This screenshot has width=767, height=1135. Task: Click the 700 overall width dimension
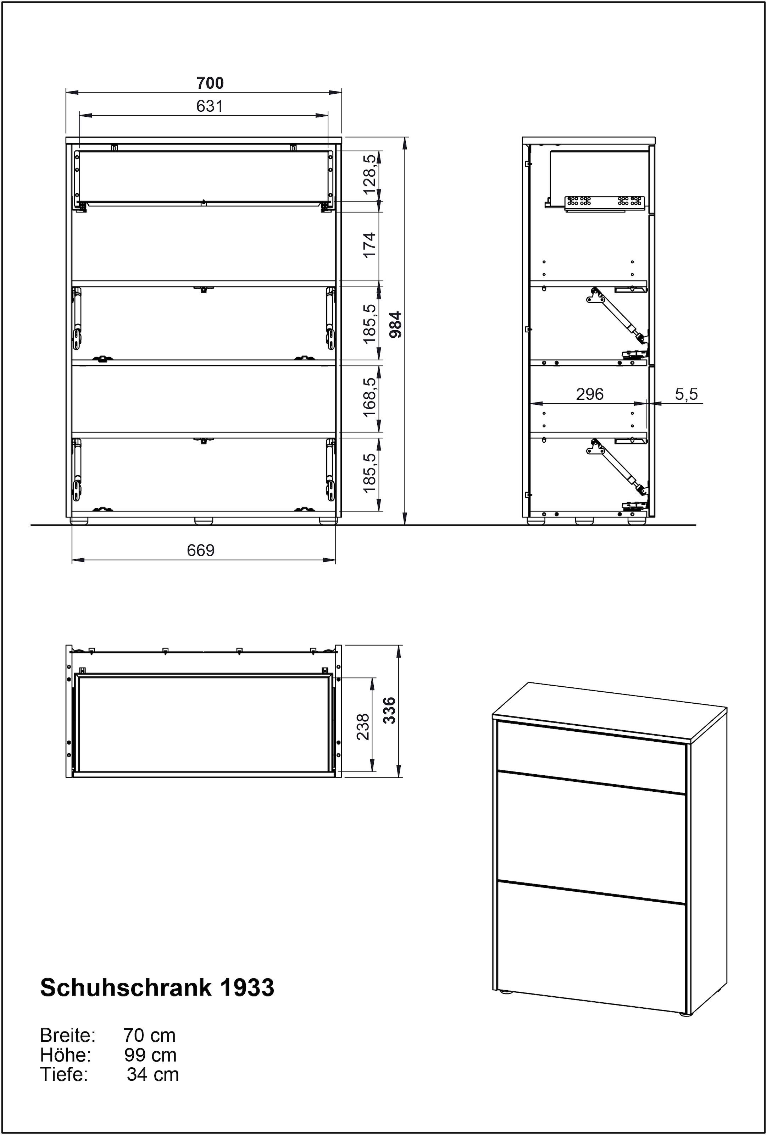click(210, 83)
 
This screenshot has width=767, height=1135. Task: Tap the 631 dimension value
click(210, 106)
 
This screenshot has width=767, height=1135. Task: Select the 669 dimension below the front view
click(201, 550)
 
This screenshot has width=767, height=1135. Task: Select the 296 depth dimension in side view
click(589, 394)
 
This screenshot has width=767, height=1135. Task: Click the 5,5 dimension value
click(687, 394)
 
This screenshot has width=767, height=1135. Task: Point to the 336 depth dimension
click(390, 710)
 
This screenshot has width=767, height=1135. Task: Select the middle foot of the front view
click(204, 521)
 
